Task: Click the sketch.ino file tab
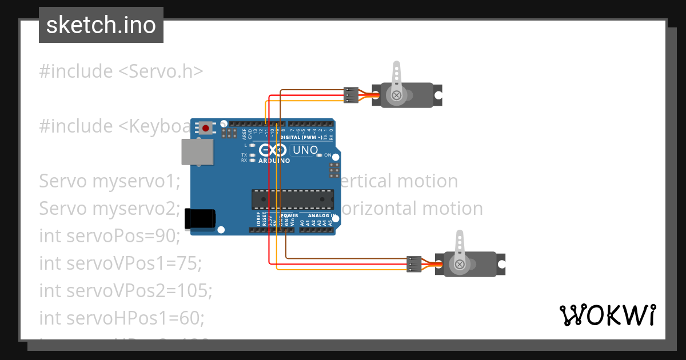[101, 25]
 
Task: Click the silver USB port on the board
[197, 152]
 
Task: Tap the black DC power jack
[200, 219]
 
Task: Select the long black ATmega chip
[292, 199]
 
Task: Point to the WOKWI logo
[607, 315]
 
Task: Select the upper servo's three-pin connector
[350, 95]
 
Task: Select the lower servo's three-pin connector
[414, 264]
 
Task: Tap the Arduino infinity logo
[273, 150]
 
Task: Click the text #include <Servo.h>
[121, 71]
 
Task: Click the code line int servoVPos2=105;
[126, 290]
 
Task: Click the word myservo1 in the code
[136, 181]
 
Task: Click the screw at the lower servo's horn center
[459, 264]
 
